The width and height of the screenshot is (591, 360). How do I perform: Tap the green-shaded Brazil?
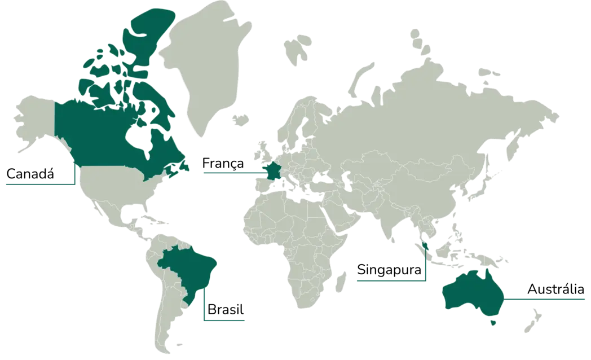click(186, 271)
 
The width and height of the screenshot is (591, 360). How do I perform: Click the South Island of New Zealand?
click(529, 327)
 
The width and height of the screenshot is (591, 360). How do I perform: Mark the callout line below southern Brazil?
click(226, 320)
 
